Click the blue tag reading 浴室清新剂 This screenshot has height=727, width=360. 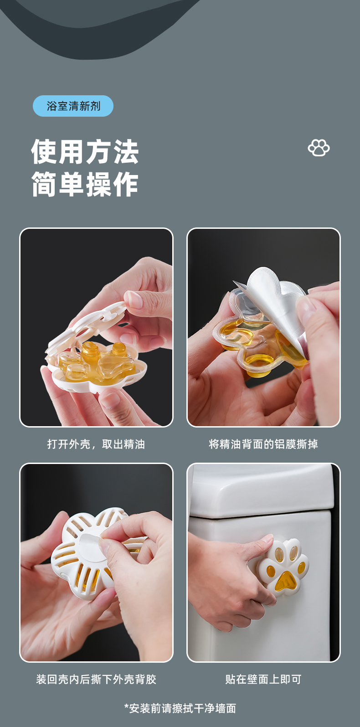tap(73, 106)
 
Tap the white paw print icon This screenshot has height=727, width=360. tap(319, 148)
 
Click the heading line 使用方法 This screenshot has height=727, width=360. tap(85, 151)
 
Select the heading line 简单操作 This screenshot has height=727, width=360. tap(85, 184)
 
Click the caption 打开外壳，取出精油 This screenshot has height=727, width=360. tap(96, 444)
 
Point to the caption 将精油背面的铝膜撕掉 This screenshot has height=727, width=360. tap(263, 444)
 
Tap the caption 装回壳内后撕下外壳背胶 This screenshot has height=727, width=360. tap(96, 679)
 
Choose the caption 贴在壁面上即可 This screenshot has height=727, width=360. tap(263, 679)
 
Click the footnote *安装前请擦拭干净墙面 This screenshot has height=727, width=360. tap(180, 708)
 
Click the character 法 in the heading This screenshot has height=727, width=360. tap(126, 151)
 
